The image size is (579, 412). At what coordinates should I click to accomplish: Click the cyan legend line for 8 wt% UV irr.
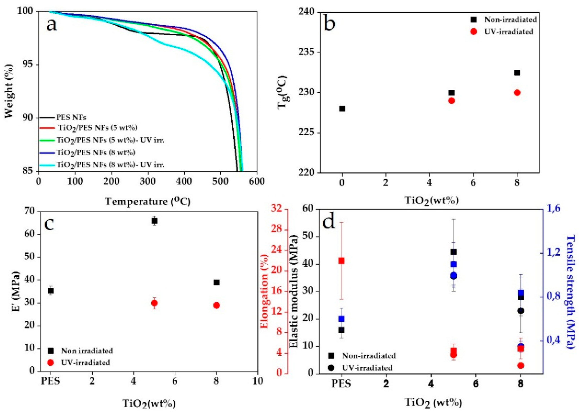(47, 165)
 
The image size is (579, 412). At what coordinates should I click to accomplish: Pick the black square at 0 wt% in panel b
(342, 109)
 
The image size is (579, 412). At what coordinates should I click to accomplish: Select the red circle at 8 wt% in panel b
(517, 93)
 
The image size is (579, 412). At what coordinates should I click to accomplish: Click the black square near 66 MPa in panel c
(154, 221)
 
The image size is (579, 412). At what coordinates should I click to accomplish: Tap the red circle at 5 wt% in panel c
(154, 303)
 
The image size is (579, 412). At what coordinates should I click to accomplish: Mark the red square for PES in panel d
(341, 261)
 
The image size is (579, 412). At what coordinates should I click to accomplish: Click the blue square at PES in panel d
(341, 319)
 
